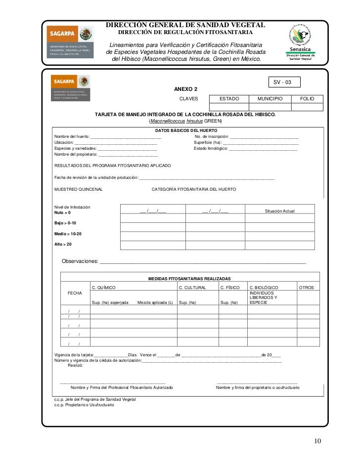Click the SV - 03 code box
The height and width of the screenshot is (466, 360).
(283, 82)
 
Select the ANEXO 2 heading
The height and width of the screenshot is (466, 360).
(186, 89)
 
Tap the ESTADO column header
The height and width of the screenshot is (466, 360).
(229, 99)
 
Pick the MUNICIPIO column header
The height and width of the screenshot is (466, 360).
(270, 99)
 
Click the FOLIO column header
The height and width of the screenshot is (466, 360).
(308, 99)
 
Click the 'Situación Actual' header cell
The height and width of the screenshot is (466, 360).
(280, 211)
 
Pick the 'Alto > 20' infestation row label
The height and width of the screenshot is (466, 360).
(63, 245)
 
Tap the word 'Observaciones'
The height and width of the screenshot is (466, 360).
(79, 261)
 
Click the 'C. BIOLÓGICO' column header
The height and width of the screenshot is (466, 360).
(264, 287)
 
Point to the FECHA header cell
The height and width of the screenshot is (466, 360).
(75, 294)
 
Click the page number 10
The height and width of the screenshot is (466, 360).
(317, 441)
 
